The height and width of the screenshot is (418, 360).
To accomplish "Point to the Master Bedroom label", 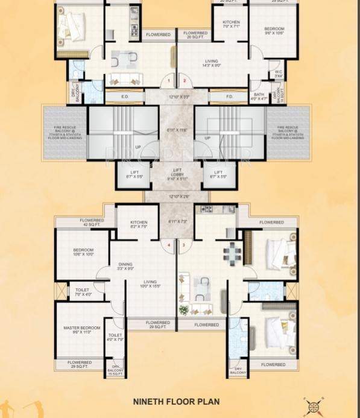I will pyautogui.click(x=80, y=330).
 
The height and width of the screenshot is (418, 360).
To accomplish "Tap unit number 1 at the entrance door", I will pyautogui.click(x=169, y=80).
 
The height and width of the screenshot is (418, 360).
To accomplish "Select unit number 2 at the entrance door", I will pyautogui.click(x=185, y=80).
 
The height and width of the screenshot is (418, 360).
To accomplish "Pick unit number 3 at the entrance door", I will pyautogui.click(x=183, y=245).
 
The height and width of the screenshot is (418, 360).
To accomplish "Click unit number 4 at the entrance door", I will pyautogui.click(x=169, y=245).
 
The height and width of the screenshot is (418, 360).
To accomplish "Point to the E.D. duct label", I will pyautogui.click(x=125, y=96).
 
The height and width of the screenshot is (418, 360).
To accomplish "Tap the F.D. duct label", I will pyautogui.click(x=229, y=96).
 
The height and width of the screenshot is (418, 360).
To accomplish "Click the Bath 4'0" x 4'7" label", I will pyautogui.click(x=259, y=97).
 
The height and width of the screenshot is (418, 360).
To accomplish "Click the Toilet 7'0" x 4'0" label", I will pyautogui.click(x=83, y=292).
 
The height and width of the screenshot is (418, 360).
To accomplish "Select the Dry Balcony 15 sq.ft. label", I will pyautogui.click(x=115, y=369).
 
